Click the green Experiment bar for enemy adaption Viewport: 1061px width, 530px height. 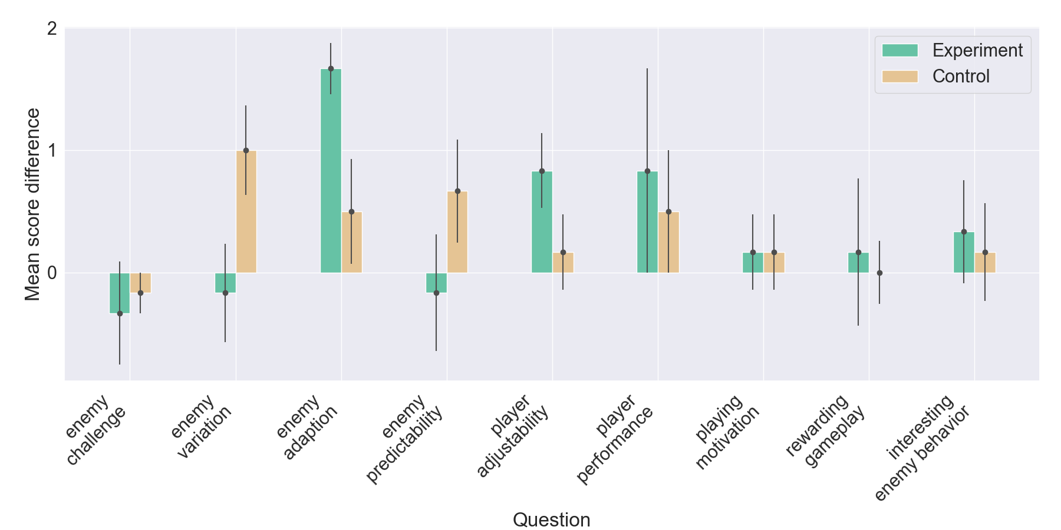331,171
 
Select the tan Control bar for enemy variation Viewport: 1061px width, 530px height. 246,212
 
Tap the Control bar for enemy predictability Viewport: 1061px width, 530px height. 457,232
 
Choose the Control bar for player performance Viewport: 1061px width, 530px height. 668,242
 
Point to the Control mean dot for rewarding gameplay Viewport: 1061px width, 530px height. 879,273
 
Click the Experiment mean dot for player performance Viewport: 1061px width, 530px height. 647,171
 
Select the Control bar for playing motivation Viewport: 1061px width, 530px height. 774,263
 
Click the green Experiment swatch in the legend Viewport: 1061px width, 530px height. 899,51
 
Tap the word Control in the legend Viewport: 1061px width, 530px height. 960,77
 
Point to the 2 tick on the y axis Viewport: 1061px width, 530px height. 52,28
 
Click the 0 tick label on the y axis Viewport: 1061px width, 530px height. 52,273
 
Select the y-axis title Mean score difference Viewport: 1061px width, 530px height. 32,204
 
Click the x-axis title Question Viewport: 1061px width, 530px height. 551,519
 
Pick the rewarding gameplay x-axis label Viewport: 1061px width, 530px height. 825,430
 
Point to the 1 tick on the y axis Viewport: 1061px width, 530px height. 52,151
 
